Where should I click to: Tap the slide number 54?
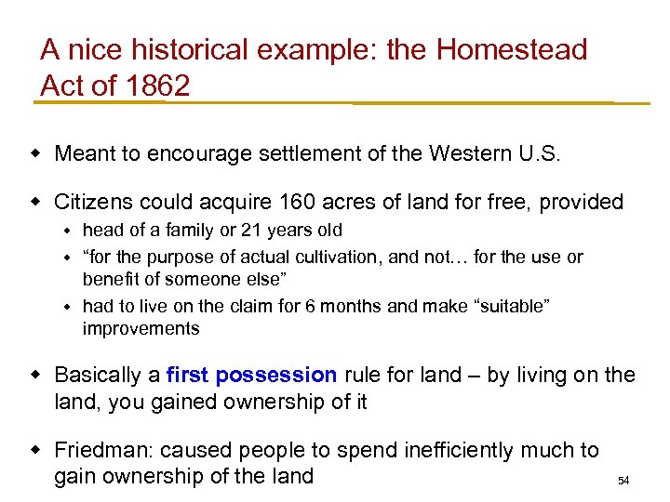coord(623,481)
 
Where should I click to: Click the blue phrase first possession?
coord(251,376)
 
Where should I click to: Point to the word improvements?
coord(141,329)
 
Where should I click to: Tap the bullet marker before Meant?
coord(40,153)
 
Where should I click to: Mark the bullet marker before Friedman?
coord(40,451)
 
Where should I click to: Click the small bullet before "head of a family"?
coord(68,231)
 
